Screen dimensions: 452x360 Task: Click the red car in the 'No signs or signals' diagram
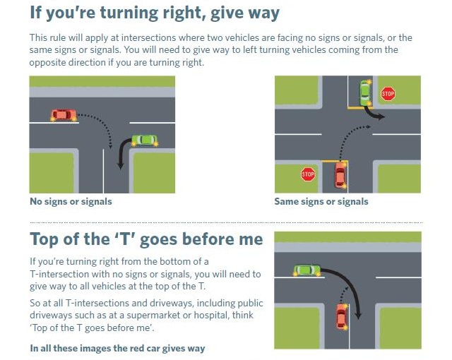[x=64, y=115]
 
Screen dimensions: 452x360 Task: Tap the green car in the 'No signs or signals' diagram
[x=144, y=140]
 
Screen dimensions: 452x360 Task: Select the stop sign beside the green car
[x=388, y=94]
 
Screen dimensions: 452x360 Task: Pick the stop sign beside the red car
[x=308, y=174]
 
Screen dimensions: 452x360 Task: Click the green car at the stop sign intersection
[x=365, y=92]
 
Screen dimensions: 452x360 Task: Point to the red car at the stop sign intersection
[x=340, y=175]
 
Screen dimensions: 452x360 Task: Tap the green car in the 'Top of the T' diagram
[x=307, y=270]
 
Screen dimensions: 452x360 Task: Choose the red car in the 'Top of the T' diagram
[x=342, y=316]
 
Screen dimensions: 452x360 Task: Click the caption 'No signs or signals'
[x=71, y=201]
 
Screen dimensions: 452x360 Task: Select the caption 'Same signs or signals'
[x=321, y=201]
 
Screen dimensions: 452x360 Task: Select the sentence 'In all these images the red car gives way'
[x=117, y=348]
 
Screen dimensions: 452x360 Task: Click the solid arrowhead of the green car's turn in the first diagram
[x=121, y=166]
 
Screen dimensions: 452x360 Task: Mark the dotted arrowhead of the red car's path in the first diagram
[x=110, y=147]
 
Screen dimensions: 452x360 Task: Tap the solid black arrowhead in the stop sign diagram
[x=381, y=116]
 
